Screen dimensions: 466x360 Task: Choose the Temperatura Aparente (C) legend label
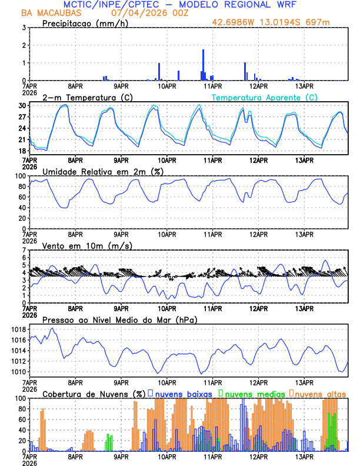tap(264, 97)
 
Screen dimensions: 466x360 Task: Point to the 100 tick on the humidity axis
tap(20, 176)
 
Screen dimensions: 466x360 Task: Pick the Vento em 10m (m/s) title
tap(87, 245)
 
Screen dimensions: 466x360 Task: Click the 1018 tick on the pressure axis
tap(18, 329)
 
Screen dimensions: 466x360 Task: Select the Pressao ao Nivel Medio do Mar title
tap(119, 320)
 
